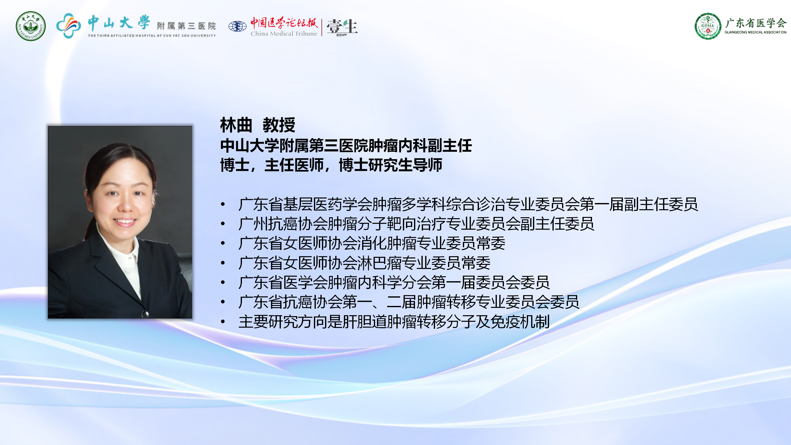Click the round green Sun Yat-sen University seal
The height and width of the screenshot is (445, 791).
[31, 26]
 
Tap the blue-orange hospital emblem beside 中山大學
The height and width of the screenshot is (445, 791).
[69, 25]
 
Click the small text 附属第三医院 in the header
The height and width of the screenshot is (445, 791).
[186, 26]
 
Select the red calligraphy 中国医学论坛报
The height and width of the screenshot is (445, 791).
[284, 23]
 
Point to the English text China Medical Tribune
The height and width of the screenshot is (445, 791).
[284, 33]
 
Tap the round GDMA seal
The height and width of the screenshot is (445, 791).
[708, 26]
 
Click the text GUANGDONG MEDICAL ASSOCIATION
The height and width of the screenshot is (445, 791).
[755, 32]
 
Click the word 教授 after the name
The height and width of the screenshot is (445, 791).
[279, 125]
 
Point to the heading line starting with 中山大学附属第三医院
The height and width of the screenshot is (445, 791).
[346, 146]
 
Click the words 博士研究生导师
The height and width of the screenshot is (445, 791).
[391, 165]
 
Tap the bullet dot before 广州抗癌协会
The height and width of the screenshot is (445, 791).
[223, 224]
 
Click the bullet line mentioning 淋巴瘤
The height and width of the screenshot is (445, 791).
[365, 263]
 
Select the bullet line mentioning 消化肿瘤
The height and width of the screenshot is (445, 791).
[372, 244]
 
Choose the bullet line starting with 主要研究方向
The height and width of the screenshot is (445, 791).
[394, 322]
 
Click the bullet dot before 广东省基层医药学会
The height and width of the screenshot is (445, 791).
[223, 204]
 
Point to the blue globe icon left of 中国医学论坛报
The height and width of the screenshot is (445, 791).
[237, 26]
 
